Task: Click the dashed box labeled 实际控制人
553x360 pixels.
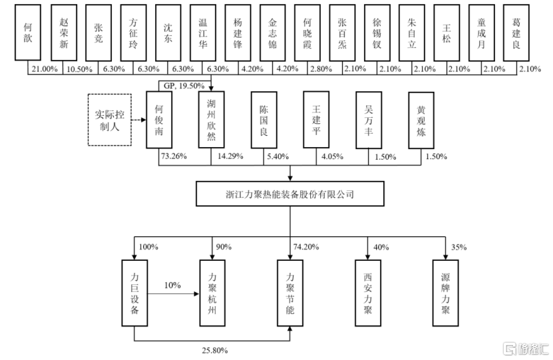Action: [x=109, y=120]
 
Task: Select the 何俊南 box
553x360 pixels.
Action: [x=159, y=119]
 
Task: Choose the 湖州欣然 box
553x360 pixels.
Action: [x=212, y=119]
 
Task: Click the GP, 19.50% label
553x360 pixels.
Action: [x=180, y=85]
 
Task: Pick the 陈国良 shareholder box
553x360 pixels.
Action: [x=264, y=119]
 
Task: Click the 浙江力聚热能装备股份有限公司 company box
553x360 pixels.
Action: [x=291, y=194]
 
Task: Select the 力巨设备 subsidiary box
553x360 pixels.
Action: [x=134, y=292]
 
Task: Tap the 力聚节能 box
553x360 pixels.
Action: [x=291, y=292]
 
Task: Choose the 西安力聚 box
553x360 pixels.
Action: [x=368, y=292]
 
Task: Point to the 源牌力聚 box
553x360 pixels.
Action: [x=447, y=292]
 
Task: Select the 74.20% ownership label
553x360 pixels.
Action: [x=307, y=246]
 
